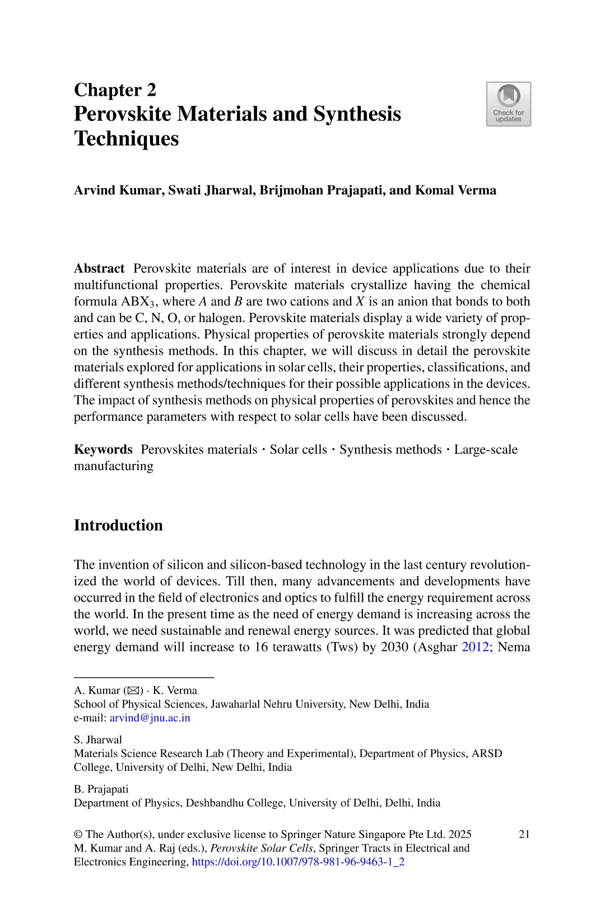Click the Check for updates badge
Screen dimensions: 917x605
[x=508, y=104]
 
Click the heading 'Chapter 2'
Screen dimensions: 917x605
[x=115, y=90]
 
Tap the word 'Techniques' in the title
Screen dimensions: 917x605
[x=126, y=138]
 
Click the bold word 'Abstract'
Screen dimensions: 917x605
[x=99, y=268]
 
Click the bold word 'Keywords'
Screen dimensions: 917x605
[x=103, y=449]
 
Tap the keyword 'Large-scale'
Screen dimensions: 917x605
[x=485, y=449]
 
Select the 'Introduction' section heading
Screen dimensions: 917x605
[x=118, y=525]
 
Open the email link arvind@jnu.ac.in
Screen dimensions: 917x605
[x=150, y=718]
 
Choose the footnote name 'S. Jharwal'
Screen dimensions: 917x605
[x=97, y=739]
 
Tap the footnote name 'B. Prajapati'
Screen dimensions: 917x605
[x=101, y=789]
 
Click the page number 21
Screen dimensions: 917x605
[x=524, y=834]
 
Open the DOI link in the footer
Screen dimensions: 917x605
[x=298, y=862]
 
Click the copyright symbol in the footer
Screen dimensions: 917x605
[x=78, y=834]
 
